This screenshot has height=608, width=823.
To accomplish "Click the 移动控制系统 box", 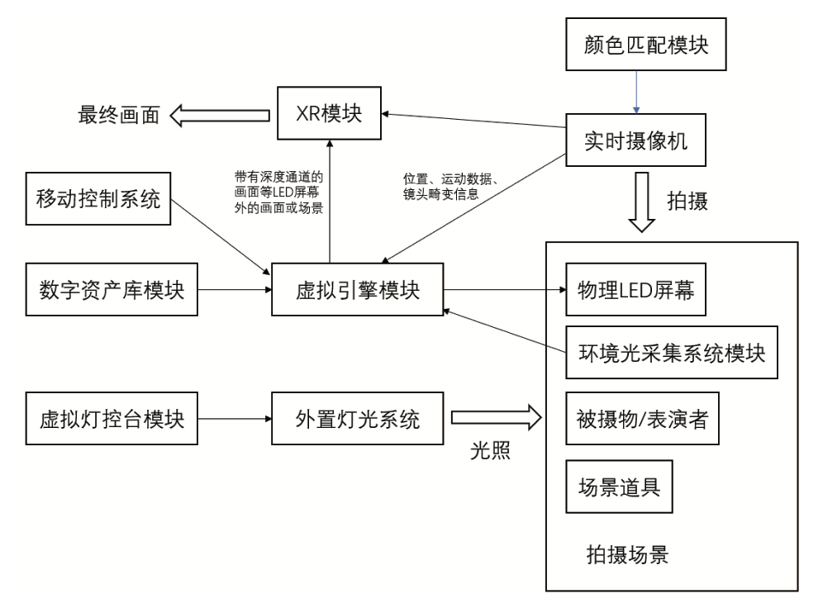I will tap(98, 199).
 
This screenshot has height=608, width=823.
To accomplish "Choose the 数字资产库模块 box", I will tap(112, 290).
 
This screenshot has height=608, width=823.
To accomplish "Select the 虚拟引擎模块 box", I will tap(357, 290).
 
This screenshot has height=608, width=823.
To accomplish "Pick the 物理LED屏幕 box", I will tap(636, 290).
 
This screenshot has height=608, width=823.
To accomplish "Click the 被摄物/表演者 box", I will tap(636, 419).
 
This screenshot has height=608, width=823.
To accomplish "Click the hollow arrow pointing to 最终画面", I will tap(220, 115).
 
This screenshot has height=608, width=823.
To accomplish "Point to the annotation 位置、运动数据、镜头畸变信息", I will tap(451, 188).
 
